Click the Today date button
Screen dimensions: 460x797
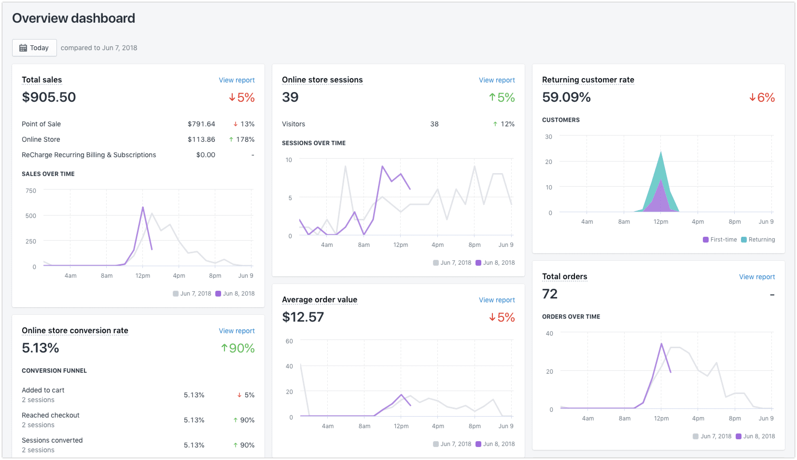[34, 48]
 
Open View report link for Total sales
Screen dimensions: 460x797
[237, 80]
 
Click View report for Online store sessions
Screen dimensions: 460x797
[497, 80]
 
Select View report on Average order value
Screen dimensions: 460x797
[497, 300]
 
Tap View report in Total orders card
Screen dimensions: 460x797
[756, 277]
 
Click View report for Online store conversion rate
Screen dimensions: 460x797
[237, 331]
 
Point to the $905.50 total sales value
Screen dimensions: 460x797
[49, 97]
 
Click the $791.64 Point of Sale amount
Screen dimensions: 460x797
[201, 124]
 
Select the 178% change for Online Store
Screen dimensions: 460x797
[245, 139]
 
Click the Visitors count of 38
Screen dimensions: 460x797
[434, 124]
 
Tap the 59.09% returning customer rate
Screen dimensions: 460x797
[566, 97]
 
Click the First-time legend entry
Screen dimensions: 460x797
[720, 240]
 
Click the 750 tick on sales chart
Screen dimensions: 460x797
[31, 191]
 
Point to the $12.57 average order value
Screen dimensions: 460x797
[303, 317]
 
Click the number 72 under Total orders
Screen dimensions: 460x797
[550, 294]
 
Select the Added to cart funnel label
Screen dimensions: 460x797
[43, 390]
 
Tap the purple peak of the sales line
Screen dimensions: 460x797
[143, 207]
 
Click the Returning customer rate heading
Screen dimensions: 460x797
[588, 80]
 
